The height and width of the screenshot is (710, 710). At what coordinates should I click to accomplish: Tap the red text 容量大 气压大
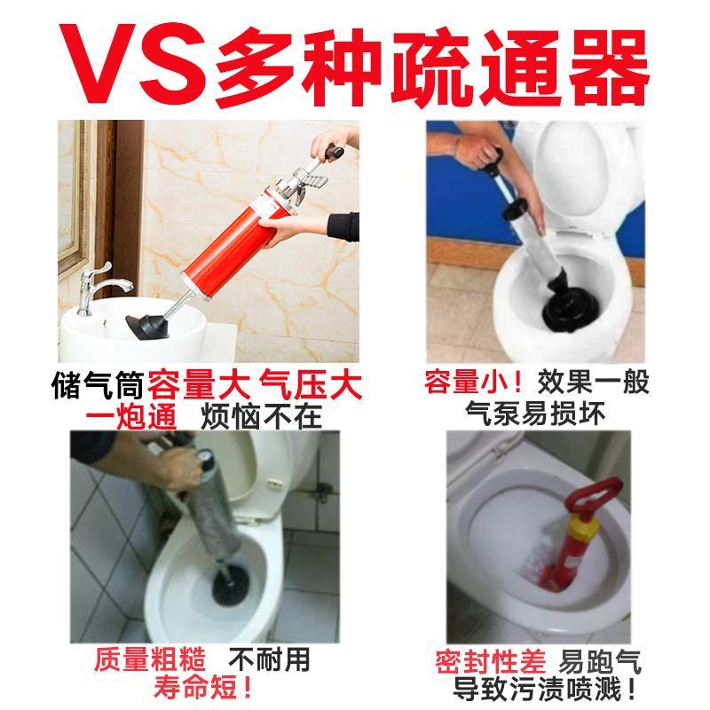coord(255,386)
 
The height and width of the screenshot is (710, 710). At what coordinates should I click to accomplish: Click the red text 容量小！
coord(474,383)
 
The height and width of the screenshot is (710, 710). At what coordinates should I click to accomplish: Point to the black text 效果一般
coord(593,383)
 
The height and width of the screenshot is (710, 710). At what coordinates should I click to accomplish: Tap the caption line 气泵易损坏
coord(535,414)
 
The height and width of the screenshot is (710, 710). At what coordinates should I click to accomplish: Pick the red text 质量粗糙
coord(150,659)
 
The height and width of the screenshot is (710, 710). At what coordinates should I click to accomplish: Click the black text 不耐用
coord(269,659)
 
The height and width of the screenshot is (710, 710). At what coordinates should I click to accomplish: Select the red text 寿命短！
coord(202,688)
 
